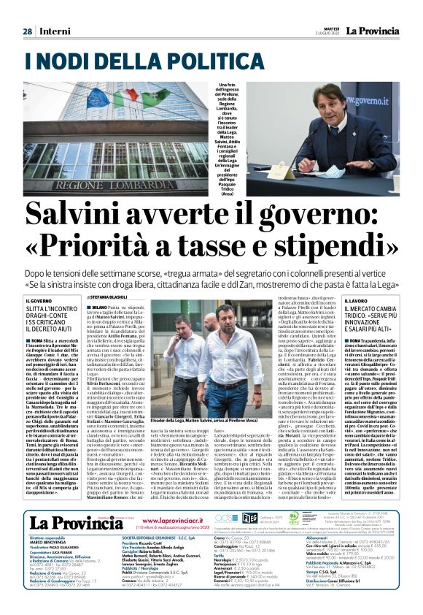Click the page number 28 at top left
[28, 31]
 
